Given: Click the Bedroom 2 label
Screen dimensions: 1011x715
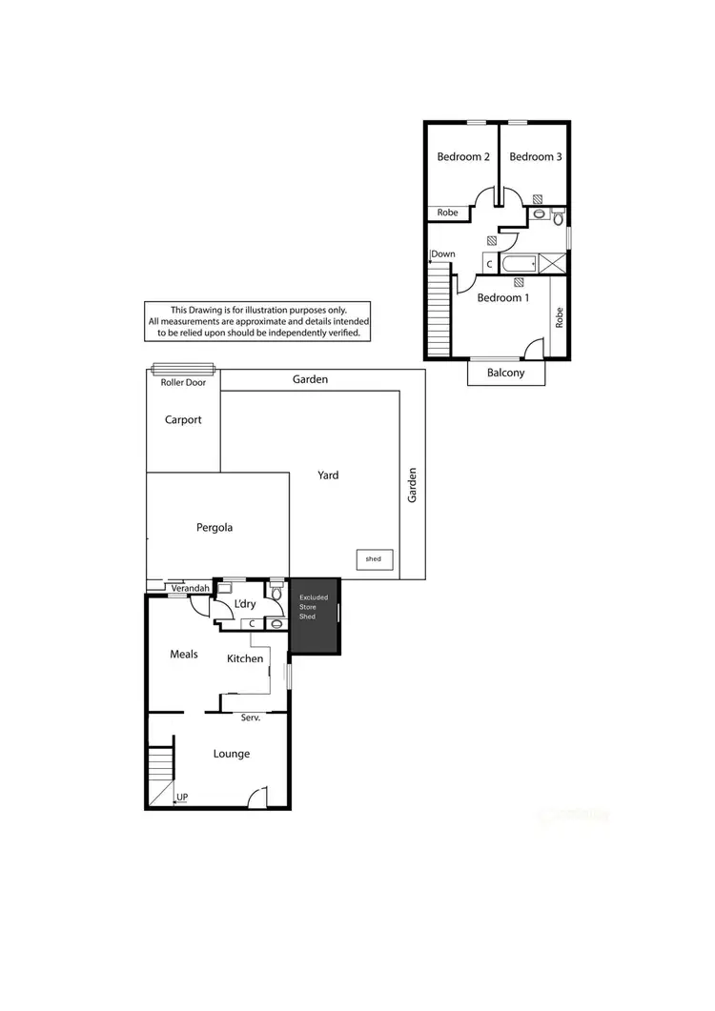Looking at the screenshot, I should click(463, 157).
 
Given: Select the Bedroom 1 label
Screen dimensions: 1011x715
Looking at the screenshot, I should click(503, 297).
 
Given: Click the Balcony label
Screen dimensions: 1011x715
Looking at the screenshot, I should click(505, 373).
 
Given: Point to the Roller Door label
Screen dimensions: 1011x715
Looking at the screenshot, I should click(182, 382).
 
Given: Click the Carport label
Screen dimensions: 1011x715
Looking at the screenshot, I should click(183, 419).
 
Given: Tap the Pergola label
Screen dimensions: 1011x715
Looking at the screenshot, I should click(214, 527).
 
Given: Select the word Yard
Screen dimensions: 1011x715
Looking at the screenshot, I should click(329, 475).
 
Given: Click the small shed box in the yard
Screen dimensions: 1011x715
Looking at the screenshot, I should click(374, 559).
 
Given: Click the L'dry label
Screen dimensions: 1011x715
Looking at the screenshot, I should click(245, 605).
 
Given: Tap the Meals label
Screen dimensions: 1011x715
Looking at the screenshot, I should click(184, 654).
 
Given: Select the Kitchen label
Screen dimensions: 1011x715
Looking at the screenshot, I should click(245, 658).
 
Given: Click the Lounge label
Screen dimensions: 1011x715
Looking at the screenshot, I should click(232, 754).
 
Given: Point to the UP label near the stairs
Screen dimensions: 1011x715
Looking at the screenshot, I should click(181, 798).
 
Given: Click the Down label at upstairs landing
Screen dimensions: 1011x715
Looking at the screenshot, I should click(443, 254).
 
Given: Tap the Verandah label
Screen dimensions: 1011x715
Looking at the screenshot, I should click(190, 589).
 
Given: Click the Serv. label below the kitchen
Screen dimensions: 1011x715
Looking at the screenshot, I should click(251, 718).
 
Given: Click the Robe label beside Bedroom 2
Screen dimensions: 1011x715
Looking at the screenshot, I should click(447, 213).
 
